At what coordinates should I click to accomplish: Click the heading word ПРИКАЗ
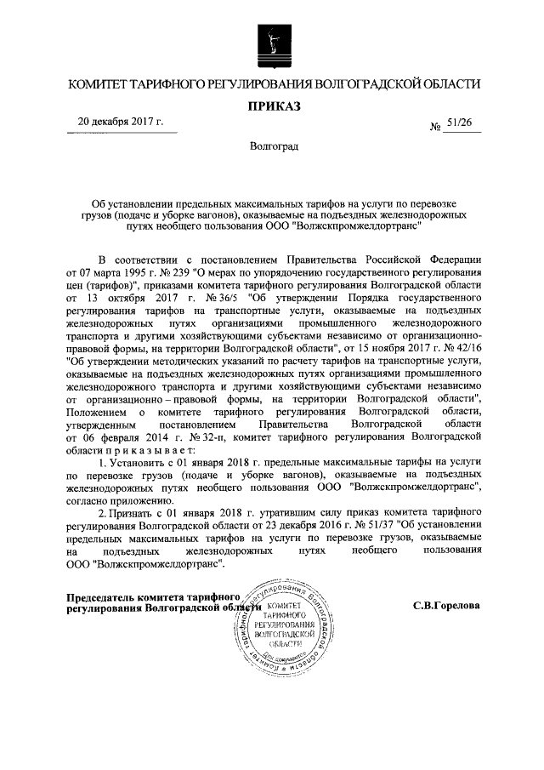[273, 106]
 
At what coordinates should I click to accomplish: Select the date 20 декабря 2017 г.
[120, 122]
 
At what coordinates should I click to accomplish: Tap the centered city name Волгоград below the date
[273, 147]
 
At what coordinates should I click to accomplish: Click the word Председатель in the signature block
[105, 598]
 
